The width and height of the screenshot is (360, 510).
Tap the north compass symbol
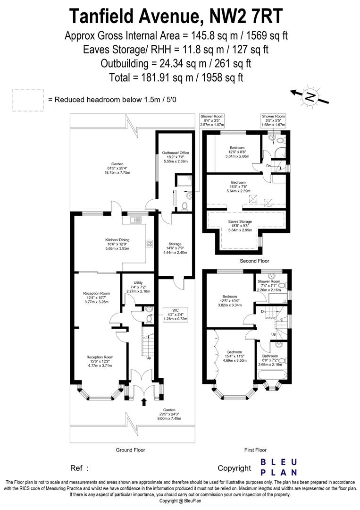[310, 96]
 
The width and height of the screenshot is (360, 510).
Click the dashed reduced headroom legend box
[27, 100]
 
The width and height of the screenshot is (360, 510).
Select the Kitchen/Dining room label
[117, 243]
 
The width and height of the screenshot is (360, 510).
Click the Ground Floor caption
[131, 450]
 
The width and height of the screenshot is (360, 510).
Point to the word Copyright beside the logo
[234, 468]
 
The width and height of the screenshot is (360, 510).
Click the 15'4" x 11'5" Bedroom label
[234, 356]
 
